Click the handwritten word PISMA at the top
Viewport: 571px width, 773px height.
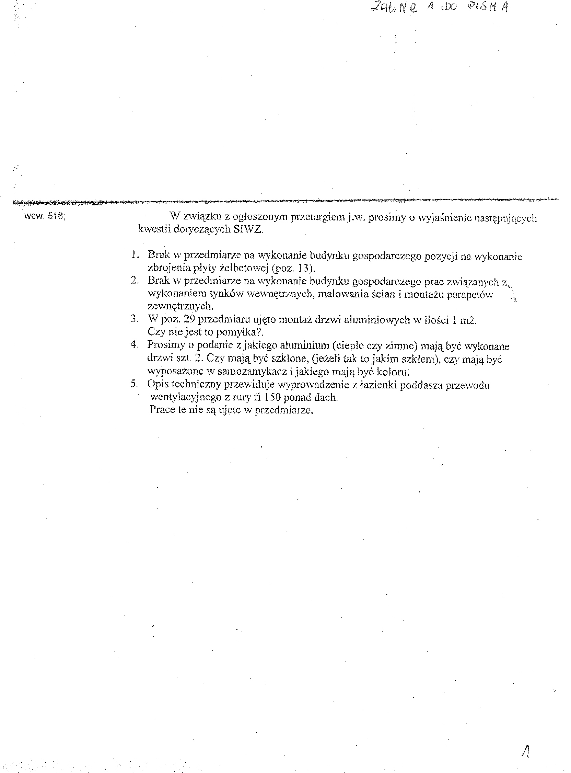[x=488, y=8]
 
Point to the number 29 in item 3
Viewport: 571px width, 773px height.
[x=189, y=319]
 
